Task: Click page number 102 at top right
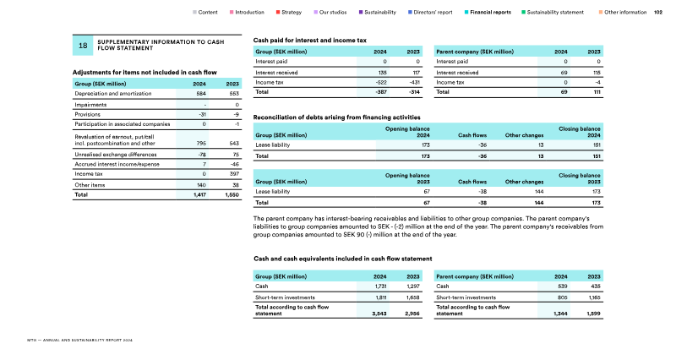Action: (x=658, y=13)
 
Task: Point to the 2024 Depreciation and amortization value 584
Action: (x=200, y=93)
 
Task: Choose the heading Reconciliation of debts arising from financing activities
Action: (x=337, y=117)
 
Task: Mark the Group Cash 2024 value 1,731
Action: (x=380, y=286)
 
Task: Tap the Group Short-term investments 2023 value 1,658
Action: (x=412, y=297)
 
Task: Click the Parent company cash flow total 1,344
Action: (x=559, y=314)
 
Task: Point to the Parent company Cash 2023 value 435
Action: (x=594, y=286)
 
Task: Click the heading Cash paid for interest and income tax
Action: (x=310, y=40)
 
